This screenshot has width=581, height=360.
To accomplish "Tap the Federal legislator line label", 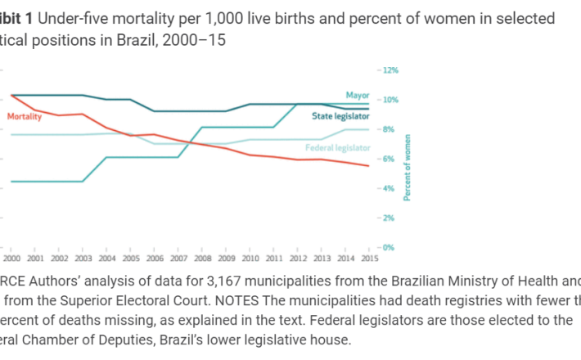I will (337, 147).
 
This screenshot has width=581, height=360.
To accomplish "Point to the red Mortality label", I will (25, 117).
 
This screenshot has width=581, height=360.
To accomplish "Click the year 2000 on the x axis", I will (11, 259).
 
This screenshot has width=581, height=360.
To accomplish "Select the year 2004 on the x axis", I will (108, 259).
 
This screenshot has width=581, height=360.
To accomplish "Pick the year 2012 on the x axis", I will (298, 259).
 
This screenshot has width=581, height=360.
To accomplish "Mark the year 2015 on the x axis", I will (369, 259).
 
